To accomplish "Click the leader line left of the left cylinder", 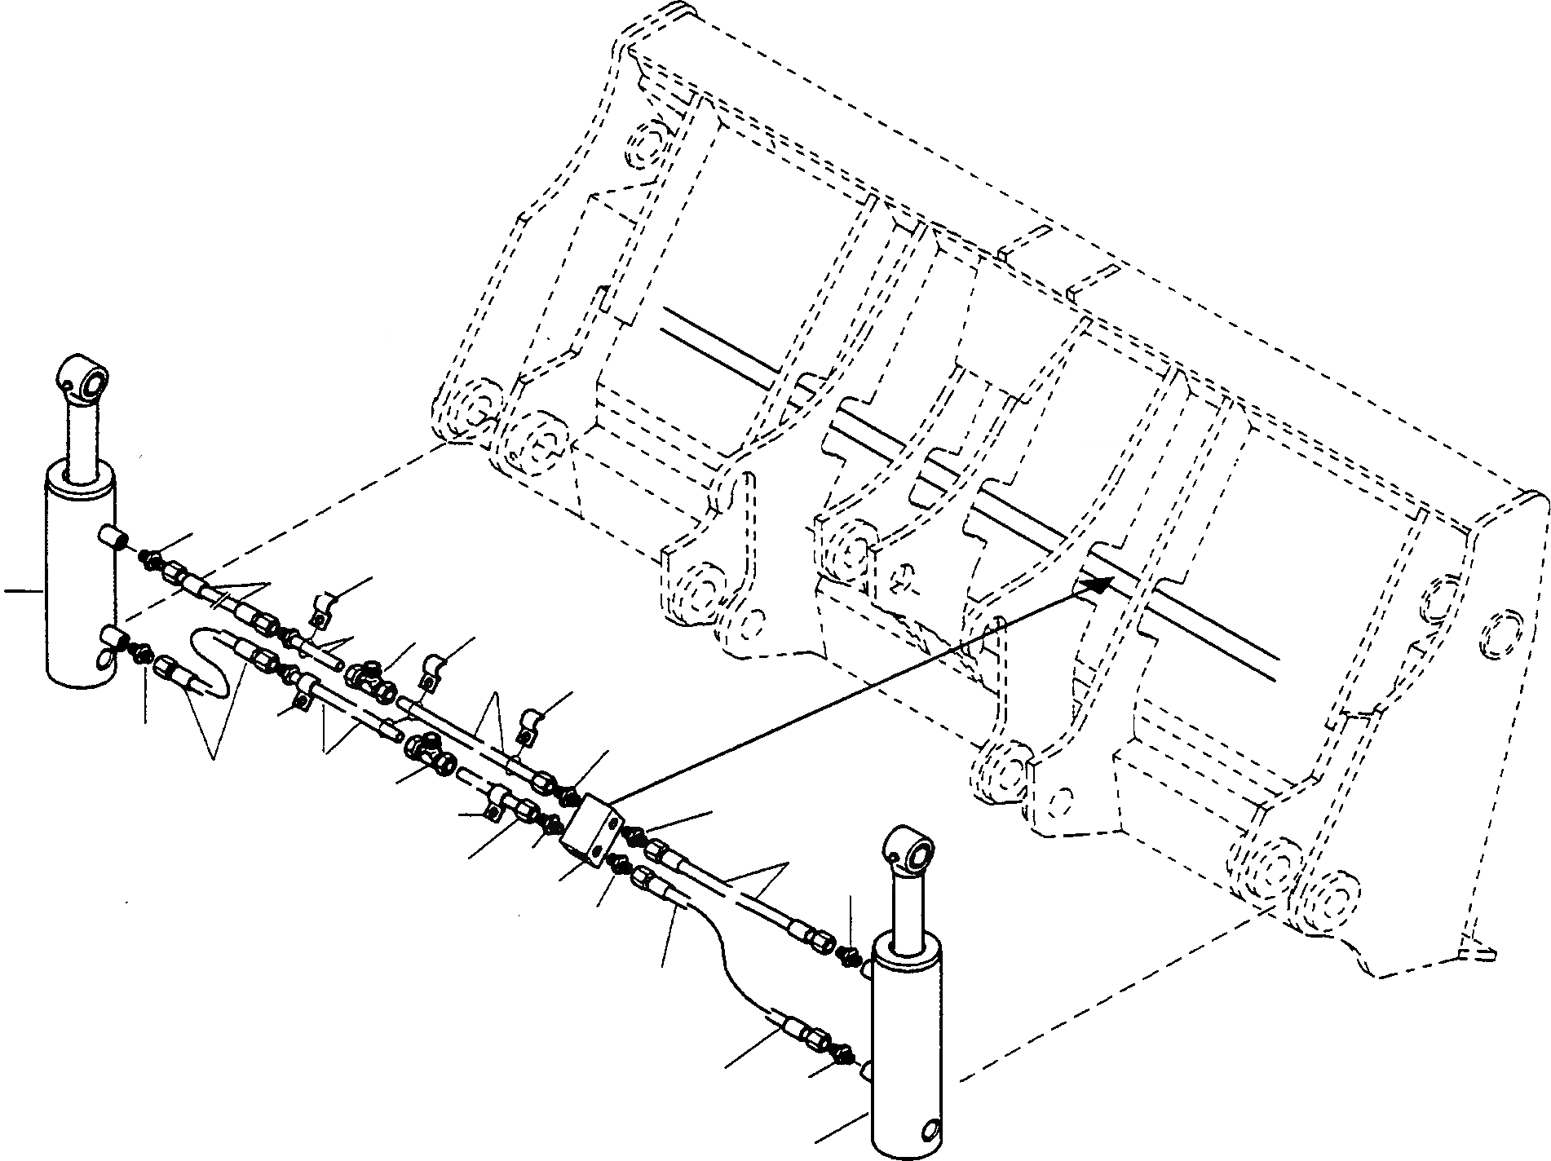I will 22,593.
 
